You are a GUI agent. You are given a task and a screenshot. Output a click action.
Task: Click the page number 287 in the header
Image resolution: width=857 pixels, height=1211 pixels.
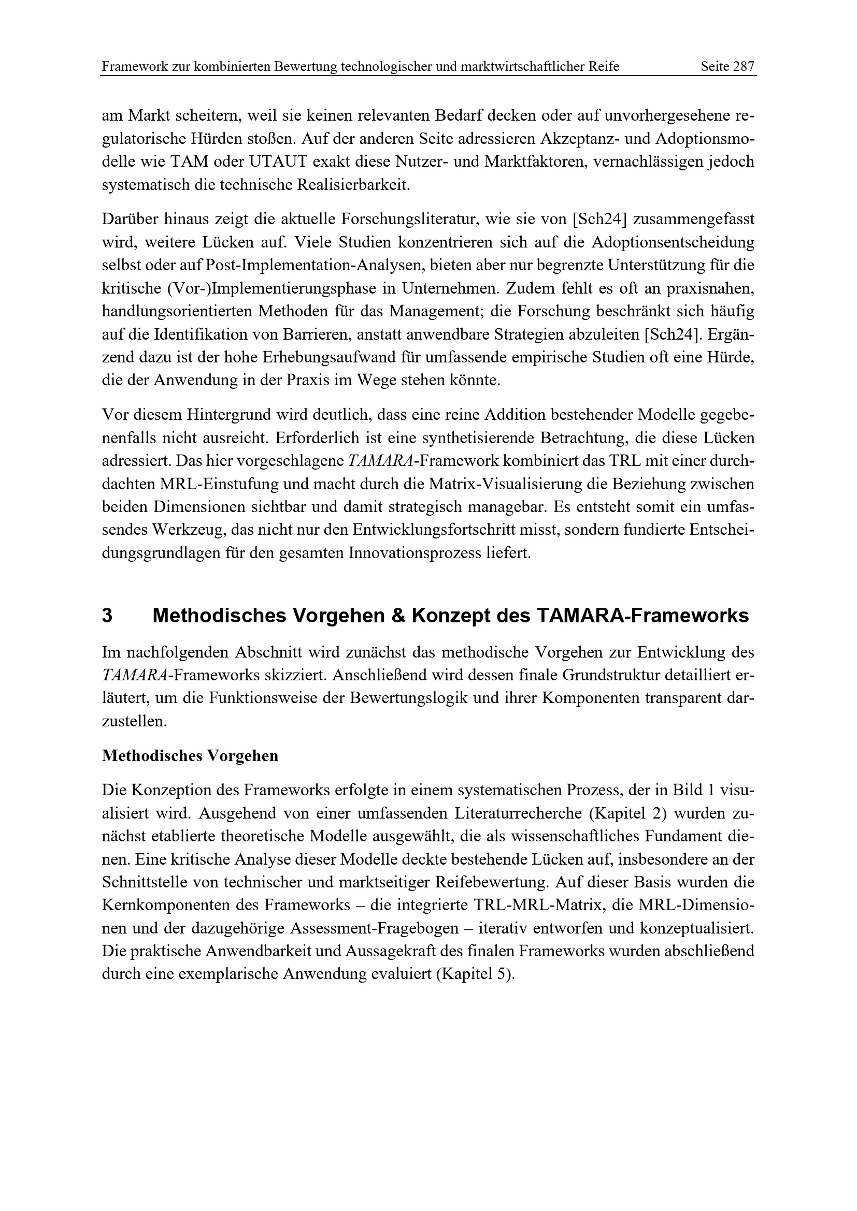click(x=745, y=66)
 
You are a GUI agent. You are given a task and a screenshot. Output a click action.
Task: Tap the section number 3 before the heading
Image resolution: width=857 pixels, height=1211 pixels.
click(x=107, y=616)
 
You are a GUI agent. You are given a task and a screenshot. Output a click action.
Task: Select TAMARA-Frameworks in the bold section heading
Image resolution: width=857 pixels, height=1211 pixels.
click(x=642, y=616)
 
